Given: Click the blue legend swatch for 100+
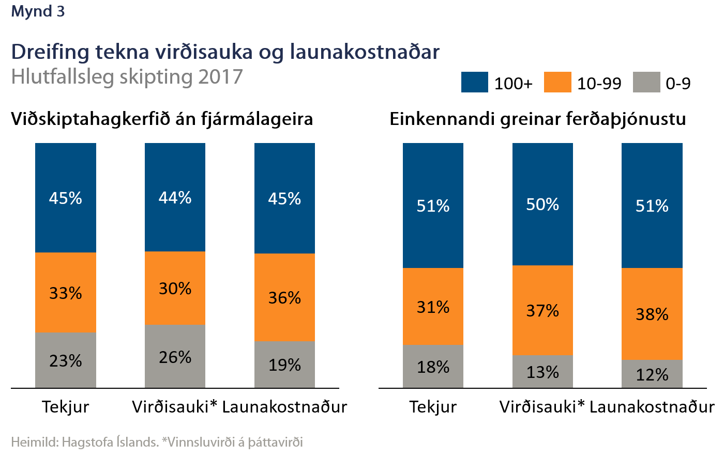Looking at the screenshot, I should point(474,83).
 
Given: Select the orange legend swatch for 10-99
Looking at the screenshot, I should point(557,83).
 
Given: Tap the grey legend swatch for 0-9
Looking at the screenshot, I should point(646,83).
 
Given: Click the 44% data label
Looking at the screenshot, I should point(175,198).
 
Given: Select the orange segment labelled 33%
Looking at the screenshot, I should point(66,292).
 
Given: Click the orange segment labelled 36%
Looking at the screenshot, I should point(284,297).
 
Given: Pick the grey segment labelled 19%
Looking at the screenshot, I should point(284,365).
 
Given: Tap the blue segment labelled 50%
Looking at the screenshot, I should point(542,204).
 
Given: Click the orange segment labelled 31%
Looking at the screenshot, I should point(433,307).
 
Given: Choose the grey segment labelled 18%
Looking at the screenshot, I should point(433,367).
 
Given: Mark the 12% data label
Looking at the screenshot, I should point(652,374).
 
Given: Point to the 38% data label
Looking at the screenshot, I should point(652,314).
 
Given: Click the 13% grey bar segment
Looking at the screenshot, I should point(542,372).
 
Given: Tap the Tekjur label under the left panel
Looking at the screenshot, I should point(66,407).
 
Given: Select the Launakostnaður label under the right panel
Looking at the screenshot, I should point(652,407).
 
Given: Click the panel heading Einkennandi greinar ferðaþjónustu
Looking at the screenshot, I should point(537,119).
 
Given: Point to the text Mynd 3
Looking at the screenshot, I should point(38,11).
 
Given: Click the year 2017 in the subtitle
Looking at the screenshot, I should point(220,77).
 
